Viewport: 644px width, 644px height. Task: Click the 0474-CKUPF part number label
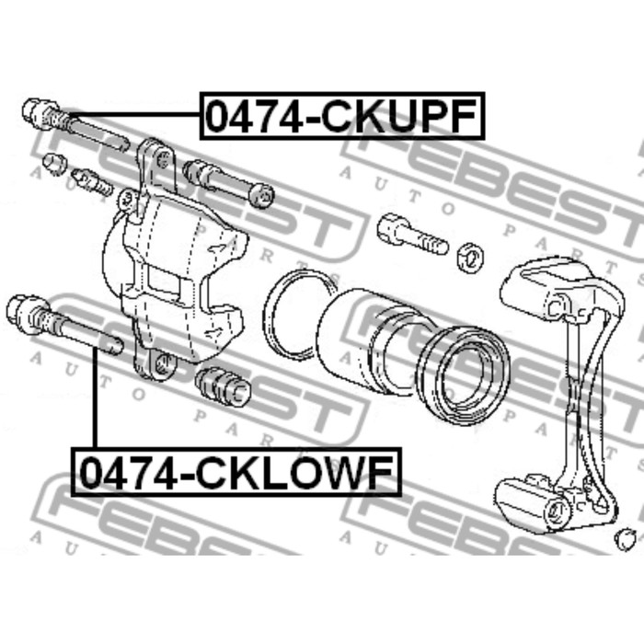pos(342,116)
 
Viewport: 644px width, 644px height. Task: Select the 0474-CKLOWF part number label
pos(236,472)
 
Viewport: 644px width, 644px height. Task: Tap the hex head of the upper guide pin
pos(36,112)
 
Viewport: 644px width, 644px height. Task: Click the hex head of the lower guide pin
pos(21,314)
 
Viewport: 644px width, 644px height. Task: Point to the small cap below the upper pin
pos(54,163)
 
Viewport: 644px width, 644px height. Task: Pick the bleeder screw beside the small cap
pos(91,182)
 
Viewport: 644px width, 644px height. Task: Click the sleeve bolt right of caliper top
pos(228,182)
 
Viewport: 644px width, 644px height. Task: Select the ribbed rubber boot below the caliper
pos(223,387)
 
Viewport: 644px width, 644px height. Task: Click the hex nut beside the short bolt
pos(471,258)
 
